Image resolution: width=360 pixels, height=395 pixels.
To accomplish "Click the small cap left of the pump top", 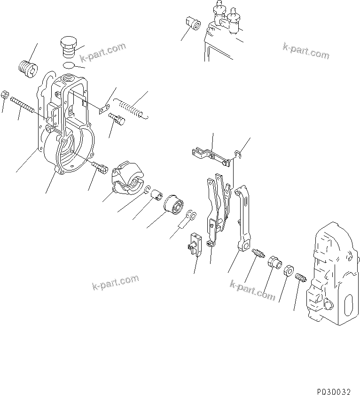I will point(192,23).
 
